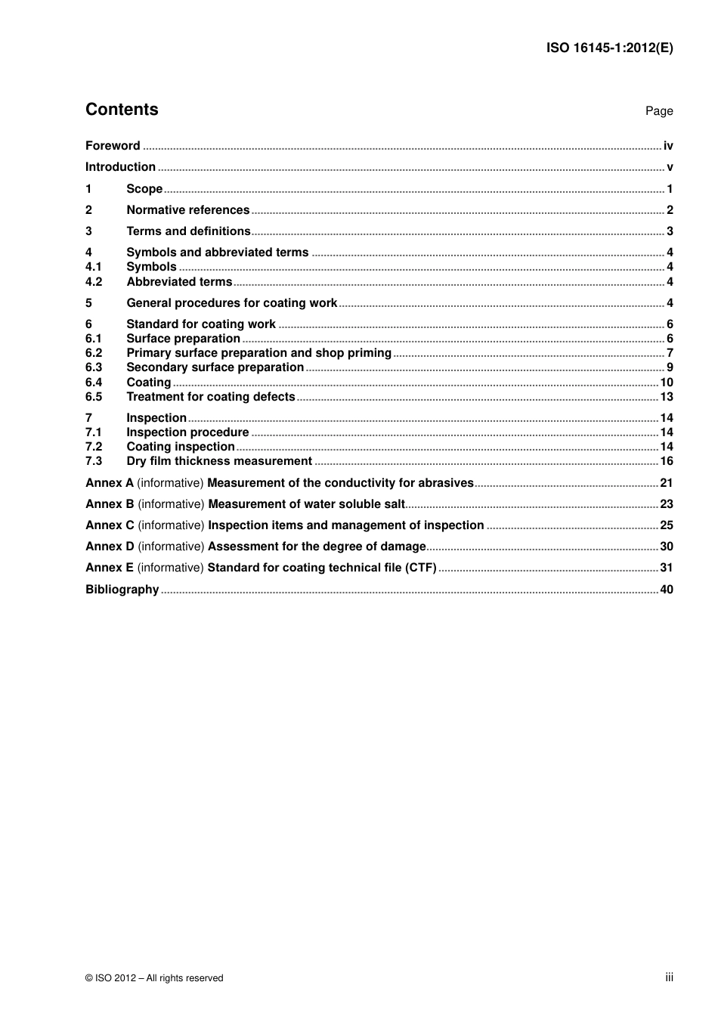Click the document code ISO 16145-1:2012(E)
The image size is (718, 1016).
609,48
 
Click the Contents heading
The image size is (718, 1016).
122,110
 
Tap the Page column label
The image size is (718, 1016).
658,111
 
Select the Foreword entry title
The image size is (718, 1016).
113,146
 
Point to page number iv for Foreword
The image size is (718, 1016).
668,146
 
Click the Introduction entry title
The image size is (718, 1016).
120,167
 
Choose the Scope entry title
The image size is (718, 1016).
144,189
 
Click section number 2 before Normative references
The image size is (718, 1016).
88,210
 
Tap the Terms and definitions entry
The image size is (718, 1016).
188,231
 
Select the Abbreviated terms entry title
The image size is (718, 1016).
179,282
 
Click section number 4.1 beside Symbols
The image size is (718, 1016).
94,267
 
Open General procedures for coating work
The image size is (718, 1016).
231,303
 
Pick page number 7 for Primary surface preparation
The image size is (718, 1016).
670,353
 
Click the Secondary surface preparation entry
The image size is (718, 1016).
215,367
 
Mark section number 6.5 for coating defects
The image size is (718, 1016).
94,397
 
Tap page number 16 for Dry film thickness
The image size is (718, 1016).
667,461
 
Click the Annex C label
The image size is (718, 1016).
110,525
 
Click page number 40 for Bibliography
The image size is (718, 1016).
667,590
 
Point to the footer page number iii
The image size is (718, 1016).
669,977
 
